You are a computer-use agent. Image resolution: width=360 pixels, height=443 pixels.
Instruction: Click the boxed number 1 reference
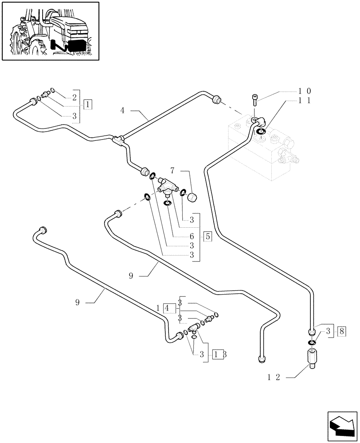pyautogui.click(x=88, y=105)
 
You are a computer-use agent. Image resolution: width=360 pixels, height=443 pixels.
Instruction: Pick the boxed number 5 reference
pyautogui.click(x=207, y=236)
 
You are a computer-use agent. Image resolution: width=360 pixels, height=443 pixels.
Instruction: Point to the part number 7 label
pyautogui.click(x=173, y=170)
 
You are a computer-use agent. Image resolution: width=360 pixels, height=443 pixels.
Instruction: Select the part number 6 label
pyautogui.click(x=192, y=237)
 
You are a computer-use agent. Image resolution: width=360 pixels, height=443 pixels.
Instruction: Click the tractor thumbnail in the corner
pyautogui.click(x=50, y=31)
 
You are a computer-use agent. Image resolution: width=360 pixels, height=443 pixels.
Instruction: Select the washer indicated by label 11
pyautogui.click(x=261, y=131)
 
